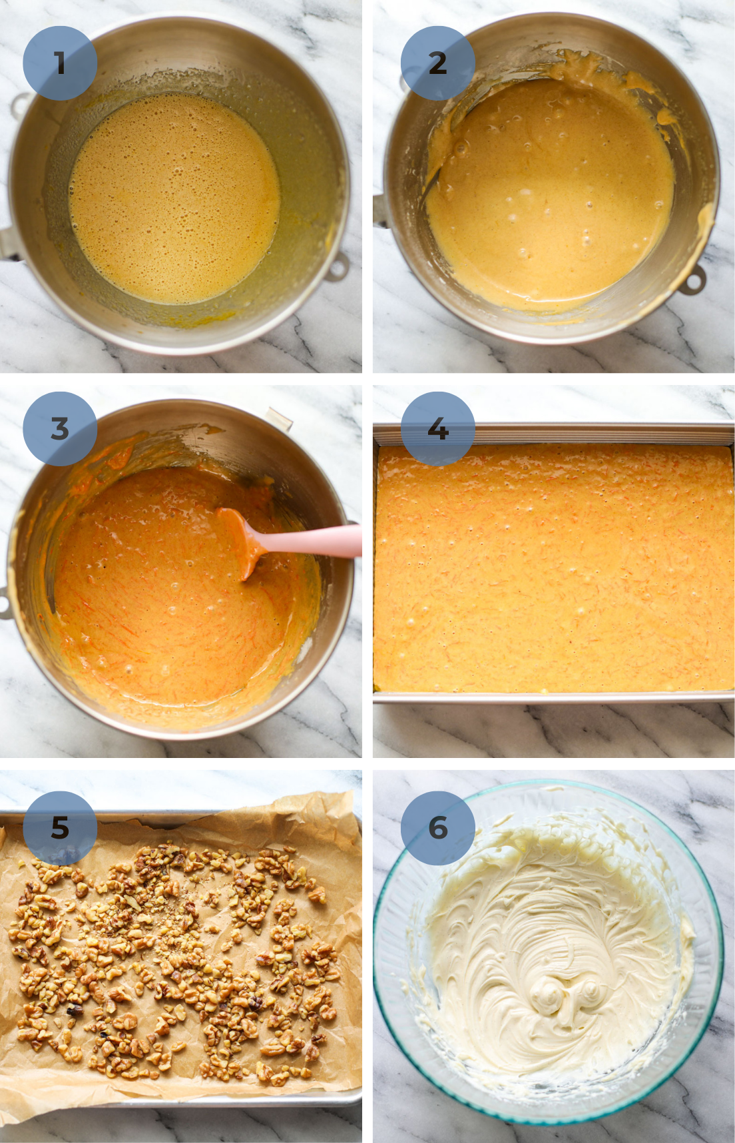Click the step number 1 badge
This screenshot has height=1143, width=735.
tap(60, 63)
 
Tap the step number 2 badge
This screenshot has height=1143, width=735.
tap(437, 63)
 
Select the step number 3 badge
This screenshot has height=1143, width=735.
tap(60, 428)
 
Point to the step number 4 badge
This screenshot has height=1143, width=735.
tap(437, 428)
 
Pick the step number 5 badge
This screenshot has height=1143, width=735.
tap(60, 827)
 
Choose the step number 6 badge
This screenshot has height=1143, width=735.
tap(437, 827)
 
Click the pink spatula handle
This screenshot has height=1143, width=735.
tap(313, 541)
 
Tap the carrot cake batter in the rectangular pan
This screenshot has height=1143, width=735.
tap(553, 573)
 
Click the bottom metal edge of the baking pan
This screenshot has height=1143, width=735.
tap(553, 697)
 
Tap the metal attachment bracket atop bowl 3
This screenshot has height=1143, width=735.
tap(280, 419)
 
